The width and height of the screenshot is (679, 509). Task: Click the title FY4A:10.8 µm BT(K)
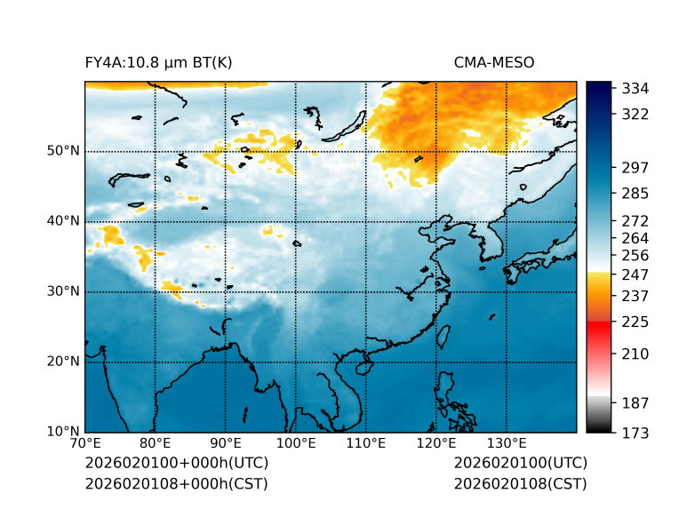(x=158, y=62)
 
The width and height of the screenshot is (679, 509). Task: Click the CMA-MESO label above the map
(x=493, y=62)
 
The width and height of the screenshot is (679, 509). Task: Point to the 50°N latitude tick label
(x=63, y=151)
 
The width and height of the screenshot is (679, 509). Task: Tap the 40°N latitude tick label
(x=63, y=221)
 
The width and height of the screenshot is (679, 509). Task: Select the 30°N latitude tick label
(x=63, y=291)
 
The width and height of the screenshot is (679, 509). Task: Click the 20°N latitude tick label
(x=63, y=362)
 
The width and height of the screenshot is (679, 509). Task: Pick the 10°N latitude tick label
(x=63, y=432)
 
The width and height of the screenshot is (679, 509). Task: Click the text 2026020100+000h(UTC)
(x=176, y=464)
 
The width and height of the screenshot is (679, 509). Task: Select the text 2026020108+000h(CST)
(x=176, y=484)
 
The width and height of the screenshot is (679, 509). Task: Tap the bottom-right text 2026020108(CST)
(x=520, y=484)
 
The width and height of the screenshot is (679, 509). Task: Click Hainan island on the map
(x=362, y=367)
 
